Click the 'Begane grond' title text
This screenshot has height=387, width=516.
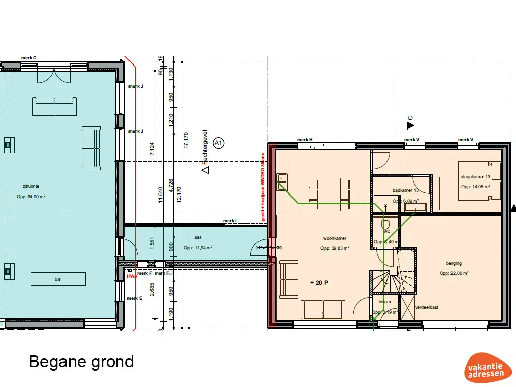[81, 362]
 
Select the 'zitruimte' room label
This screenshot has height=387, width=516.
[24, 186]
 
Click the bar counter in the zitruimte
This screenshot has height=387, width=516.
[58, 279]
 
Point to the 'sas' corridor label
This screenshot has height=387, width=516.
[198, 236]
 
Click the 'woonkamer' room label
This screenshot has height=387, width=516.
[335, 238]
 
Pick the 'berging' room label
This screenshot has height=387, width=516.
[454, 263]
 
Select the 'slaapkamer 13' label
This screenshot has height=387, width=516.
[475, 177]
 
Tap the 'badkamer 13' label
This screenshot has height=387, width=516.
[406, 190]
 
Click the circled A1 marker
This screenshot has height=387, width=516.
[218, 144]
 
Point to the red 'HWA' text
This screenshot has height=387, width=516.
[132, 276]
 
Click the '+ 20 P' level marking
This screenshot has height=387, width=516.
[319, 283]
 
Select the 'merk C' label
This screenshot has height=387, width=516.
[29, 58]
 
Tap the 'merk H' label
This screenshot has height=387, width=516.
[305, 140]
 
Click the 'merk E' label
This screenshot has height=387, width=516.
[135, 298]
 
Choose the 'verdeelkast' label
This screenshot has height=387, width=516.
[426, 307]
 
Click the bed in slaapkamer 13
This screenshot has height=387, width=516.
[480, 180]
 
